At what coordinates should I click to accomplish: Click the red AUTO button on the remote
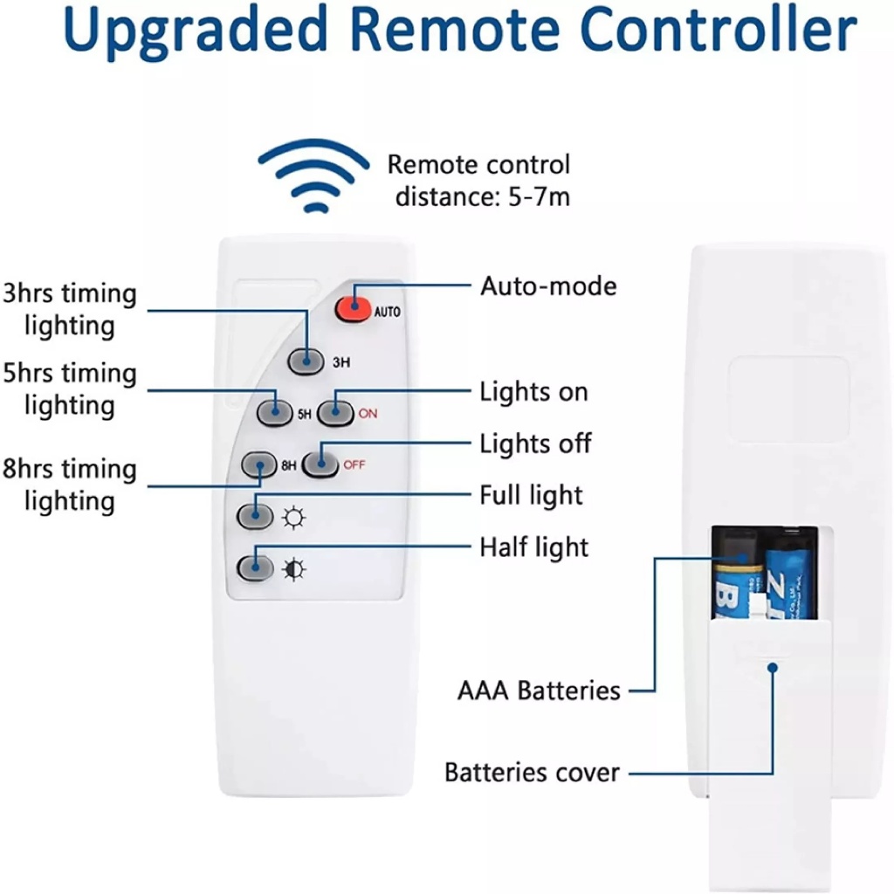click(354, 309)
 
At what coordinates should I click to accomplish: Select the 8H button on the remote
click(259, 465)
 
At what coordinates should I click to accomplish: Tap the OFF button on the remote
click(320, 464)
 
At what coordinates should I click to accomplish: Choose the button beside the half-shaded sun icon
click(254, 569)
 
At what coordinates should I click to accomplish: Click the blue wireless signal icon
click(313, 176)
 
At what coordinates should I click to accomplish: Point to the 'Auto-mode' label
click(548, 286)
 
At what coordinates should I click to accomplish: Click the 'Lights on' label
click(534, 392)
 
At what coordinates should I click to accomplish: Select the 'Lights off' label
click(535, 444)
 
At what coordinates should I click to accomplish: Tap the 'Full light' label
click(531, 496)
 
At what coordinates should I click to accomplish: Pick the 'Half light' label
click(534, 547)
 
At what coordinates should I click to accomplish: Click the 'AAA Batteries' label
click(539, 691)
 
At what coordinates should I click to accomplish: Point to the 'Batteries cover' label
click(532, 773)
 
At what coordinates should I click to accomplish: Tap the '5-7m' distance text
click(539, 196)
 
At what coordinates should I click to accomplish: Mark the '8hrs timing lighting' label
click(70, 485)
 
